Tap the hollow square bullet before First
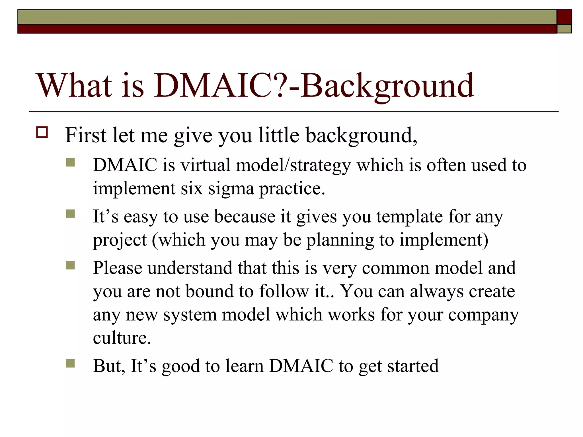[x=42, y=133]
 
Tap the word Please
[x=118, y=268]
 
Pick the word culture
[x=122, y=338]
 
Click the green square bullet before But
[x=70, y=363]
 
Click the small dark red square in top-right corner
[x=564, y=17]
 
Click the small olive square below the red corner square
[x=564, y=29]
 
